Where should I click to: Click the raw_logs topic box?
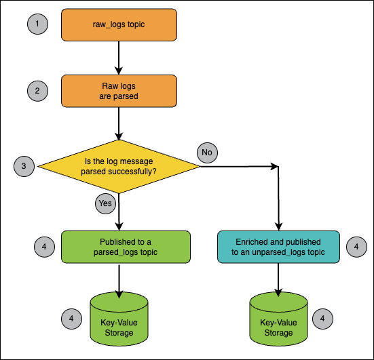[119, 25]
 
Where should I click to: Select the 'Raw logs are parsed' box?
[119, 91]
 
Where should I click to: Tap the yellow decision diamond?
[119, 167]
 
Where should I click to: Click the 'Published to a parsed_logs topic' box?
[126, 247]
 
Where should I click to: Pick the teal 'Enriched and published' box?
[278, 247]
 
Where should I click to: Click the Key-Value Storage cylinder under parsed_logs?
[119, 319]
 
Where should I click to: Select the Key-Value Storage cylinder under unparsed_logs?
[278, 319]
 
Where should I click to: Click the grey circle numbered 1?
[37, 24]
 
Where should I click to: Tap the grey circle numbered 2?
[37, 91]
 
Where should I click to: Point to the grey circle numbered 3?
[24, 166]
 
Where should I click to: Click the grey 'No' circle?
[207, 153]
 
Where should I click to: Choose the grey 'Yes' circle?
[105, 203]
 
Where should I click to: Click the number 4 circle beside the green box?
[44, 247]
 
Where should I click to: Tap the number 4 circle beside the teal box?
[356, 247]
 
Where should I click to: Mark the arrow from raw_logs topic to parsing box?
[119, 58]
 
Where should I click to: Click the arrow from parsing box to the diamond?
[119, 123]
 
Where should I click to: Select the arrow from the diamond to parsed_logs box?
[119, 212]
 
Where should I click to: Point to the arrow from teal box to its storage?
[278, 280]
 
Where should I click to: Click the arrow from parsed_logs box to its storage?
[119, 281]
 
